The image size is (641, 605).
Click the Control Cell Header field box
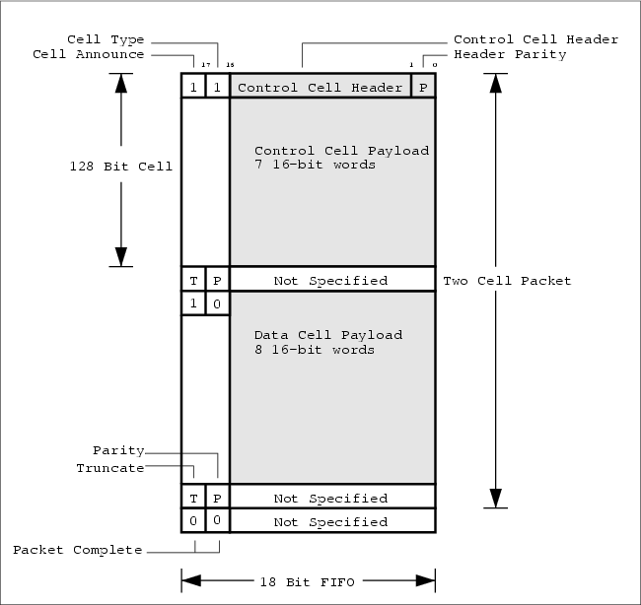tap(320, 87)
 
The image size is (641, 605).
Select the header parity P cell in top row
tap(423, 87)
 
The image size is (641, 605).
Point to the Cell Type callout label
tap(105, 39)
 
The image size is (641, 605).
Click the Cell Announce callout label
tap(88, 55)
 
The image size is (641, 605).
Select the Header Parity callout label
tap(510, 55)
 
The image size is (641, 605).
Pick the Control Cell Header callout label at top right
tap(535, 39)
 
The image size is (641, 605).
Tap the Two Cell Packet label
tap(507, 281)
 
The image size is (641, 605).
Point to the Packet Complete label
tap(77, 549)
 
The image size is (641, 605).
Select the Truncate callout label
tap(109, 467)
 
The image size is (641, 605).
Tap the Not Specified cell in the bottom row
tap(330, 521)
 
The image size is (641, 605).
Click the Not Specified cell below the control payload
tap(330, 281)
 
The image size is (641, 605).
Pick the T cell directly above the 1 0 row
tap(193, 281)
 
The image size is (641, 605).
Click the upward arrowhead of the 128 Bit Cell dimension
tap(121, 82)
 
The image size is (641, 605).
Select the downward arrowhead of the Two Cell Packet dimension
tap(498, 498)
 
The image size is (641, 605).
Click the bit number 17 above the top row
tap(206, 66)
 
